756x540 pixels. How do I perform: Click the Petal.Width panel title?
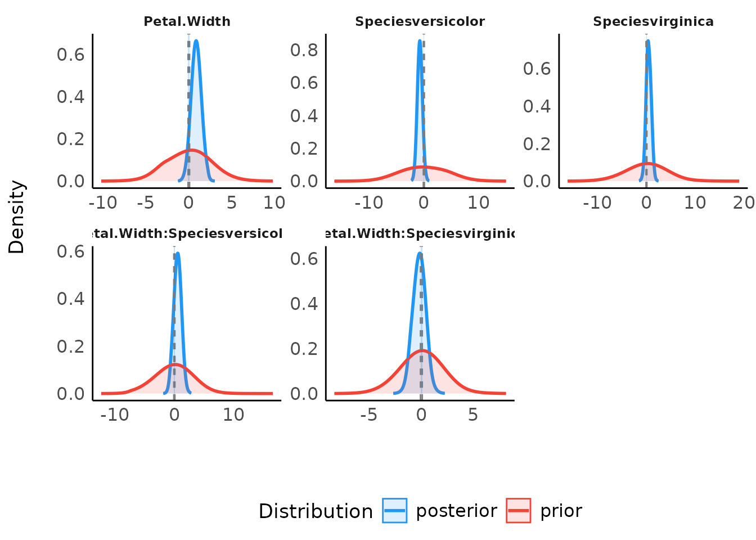pyautogui.click(x=187, y=22)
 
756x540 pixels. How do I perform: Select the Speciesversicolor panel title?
pyautogui.click(x=420, y=22)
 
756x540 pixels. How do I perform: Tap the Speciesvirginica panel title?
pyautogui.click(x=653, y=22)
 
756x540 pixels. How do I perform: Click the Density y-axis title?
pyautogui.click(x=17, y=217)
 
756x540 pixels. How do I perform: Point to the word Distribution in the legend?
pyautogui.click(x=316, y=511)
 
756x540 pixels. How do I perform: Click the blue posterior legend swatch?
pyautogui.click(x=394, y=511)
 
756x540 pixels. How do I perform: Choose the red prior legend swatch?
pyautogui.click(x=518, y=511)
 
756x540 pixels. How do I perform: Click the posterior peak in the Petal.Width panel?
pyautogui.click(x=196, y=40)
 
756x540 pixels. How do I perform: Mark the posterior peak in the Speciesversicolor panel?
pyautogui.click(x=420, y=40)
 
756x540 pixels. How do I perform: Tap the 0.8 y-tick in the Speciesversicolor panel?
pyautogui.click(x=304, y=50)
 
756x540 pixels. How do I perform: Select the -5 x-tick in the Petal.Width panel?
pyautogui.click(x=145, y=202)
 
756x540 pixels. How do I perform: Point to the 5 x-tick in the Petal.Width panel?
pyautogui.click(x=231, y=202)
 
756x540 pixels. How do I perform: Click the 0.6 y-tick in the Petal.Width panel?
pyautogui.click(x=70, y=55)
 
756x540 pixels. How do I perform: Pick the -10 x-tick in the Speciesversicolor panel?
pyautogui.click(x=368, y=202)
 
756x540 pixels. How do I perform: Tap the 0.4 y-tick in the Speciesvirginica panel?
pyautogui.click(x=537, y=106)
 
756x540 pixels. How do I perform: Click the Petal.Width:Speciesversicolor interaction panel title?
pyautogui.click(x=187, y=234)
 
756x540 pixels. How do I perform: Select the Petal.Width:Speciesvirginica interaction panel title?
pyautogui.click(x=420, y=234)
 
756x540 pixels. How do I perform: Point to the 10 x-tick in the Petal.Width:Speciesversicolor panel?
pyautogui.click(x=233, y=415)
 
